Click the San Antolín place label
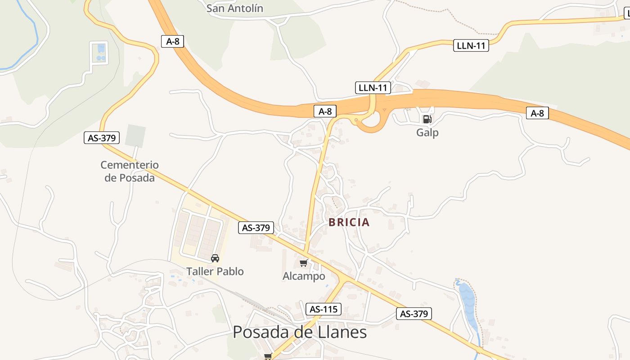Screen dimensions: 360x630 (x=235, y=8)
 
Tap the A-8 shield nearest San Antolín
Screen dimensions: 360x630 (x=172, y=41)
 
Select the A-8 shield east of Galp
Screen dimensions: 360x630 (x=537, y=113)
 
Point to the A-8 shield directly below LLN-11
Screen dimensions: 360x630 (x=325, y=111)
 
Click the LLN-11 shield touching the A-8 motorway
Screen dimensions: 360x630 (x=373, y=87)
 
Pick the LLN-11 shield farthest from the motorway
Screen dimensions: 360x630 (x=471, y=45)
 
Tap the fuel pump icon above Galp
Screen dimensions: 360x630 (x=427, y=119)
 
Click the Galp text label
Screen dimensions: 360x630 (x=427, y=133)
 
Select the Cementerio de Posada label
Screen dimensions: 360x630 (x=130, y=171)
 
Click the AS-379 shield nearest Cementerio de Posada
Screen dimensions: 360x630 (x=102, y=138)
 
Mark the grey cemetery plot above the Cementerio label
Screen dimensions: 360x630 (x=135, y=136)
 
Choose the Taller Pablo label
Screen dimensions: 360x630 (x=215, y=271)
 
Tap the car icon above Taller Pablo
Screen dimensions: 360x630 (x=215, y=258)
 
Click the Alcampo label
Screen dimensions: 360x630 (x=304, y=276)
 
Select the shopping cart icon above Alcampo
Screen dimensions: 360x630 (x=304, y=263)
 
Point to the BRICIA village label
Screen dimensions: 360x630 (x=349, y=222)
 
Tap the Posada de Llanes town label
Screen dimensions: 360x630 (x=300, y=333)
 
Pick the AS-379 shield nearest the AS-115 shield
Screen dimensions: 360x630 (x=414, y=314)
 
